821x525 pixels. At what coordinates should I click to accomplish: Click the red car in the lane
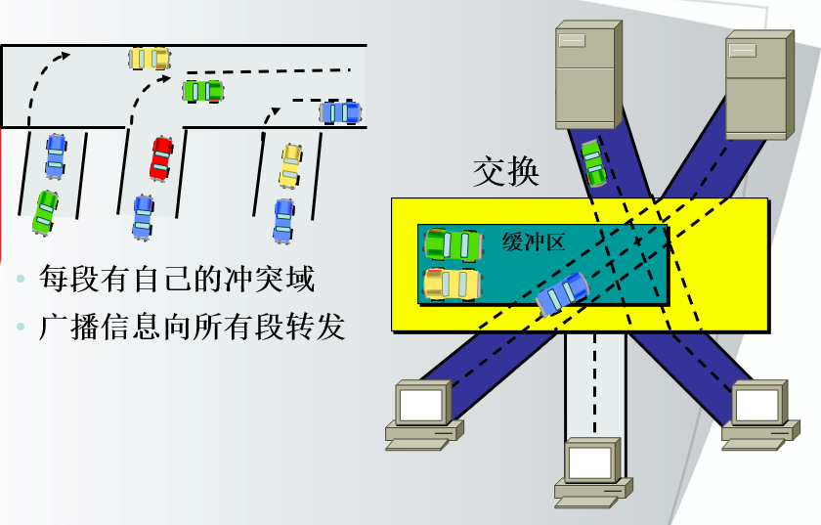click(x=161, y=158)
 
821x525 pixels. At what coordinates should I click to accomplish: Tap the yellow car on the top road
click(x=150, y=59)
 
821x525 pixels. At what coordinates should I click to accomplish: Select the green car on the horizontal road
click(x=203, y=92)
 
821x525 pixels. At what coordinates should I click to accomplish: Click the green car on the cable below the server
click(x=593, y=163)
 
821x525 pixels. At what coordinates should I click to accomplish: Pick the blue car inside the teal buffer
click(x=563, y=293)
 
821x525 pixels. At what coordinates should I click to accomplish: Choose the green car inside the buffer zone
click(x=453, y=244)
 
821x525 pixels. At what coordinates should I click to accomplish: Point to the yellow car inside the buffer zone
click(x=453, y=284)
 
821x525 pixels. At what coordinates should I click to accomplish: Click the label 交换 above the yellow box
click(x=506, y=173)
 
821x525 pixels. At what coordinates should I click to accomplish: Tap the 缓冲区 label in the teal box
click(x=534, y=242)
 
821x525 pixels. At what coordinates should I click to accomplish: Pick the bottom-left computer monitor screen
click(x=421, y=403)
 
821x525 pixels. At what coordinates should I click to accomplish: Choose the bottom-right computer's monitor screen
click(x=758, y=404)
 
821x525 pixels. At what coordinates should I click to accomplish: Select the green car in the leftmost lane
click(x=45, y=212)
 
